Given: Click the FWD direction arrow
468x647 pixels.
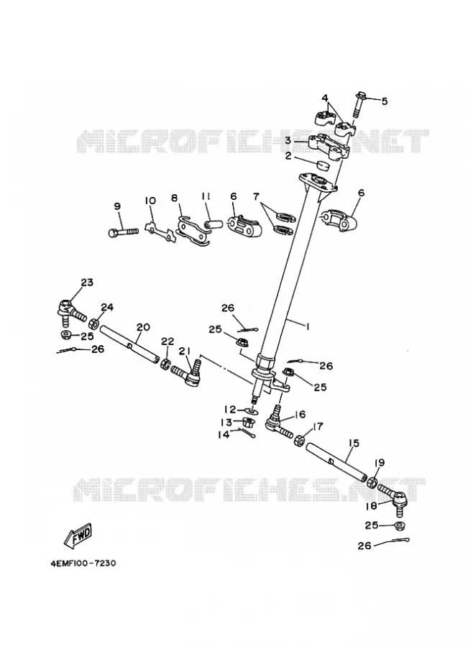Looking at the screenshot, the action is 78,536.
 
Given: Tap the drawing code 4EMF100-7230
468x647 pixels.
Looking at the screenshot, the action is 83,563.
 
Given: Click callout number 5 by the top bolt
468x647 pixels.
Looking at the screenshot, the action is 384,101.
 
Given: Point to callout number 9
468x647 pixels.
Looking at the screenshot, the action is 118,206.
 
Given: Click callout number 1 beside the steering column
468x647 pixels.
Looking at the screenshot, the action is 307,326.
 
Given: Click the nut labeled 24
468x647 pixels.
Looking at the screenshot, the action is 93,323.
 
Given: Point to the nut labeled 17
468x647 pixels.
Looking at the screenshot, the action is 299,440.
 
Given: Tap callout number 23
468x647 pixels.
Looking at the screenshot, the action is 87,283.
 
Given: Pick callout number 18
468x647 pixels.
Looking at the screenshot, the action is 371,505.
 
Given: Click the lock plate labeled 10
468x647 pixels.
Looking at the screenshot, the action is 160,231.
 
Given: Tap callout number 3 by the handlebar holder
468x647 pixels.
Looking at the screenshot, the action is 288,140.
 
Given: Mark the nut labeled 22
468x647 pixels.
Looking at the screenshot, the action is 166,364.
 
